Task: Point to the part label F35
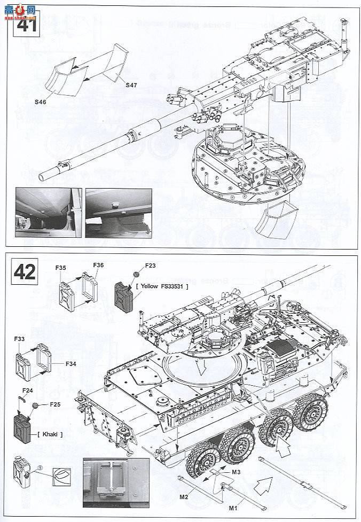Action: click(60, 267)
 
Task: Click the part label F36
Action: click(98, 265)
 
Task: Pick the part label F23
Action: click(150, 265)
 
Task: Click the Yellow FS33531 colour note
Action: click(165, 286)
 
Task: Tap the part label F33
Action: click(20, 339)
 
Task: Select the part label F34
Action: click(71, 364)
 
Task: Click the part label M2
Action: click(184, 497)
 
